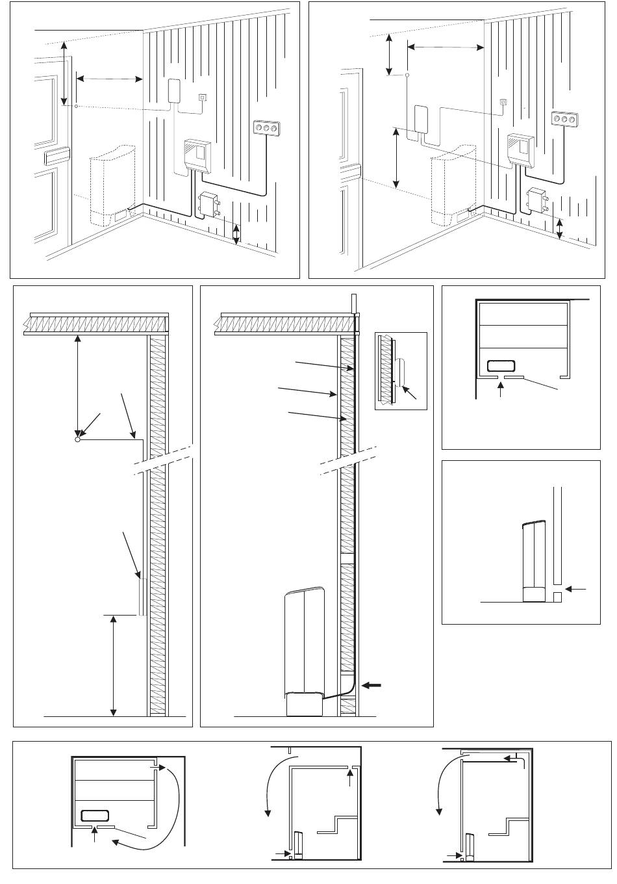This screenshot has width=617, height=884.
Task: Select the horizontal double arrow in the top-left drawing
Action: pyautogui.click(x=109, y=79)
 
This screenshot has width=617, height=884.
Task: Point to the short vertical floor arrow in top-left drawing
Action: pyautogui.click(x=236, y=234)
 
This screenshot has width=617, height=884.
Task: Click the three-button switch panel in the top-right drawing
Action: pyautogui.click(x=563, y=120)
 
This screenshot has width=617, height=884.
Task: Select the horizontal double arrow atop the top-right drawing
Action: pyautogui.click(x=446, y=47)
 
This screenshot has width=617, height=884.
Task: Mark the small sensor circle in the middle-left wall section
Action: pyautogui.click(x=77, y=439)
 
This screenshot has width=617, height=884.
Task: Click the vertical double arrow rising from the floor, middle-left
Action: pyautogui.click(x=114, y=665)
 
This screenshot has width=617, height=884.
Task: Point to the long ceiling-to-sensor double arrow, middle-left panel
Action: pyautogui.click(x=78, y=386)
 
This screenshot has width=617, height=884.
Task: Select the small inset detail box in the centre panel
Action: pyautogui.click(x=401, y=370)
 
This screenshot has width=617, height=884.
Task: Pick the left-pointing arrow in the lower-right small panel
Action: pyautogui.click(x=575, y=589)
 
